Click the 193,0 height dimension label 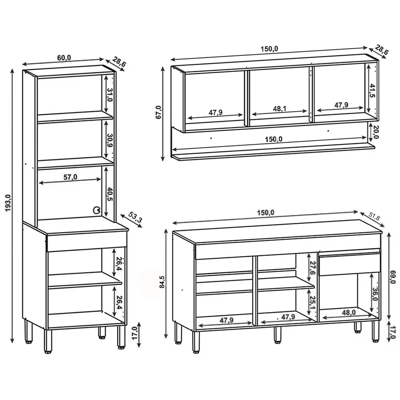7,204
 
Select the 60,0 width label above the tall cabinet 64,58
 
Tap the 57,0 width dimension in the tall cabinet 70,177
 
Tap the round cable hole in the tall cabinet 96,210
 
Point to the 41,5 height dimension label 372,92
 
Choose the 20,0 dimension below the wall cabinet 376,132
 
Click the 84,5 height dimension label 162,282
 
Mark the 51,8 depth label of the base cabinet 374,217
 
